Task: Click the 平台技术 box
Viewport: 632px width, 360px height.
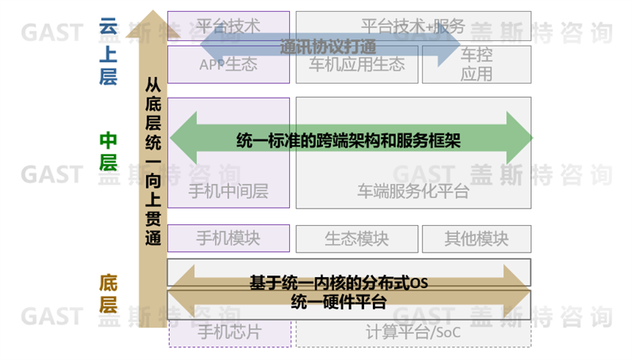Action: pos(228,25)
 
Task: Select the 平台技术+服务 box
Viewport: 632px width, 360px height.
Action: pos(412,25)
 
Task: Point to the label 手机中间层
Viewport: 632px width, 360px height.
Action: pos(228,191)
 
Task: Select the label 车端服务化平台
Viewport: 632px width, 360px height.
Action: pos(412,191)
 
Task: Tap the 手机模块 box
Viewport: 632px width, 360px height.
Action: pos(228,237)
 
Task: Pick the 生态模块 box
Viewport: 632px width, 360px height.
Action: pos(356,238)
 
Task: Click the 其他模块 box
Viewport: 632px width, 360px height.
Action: pos(476,238)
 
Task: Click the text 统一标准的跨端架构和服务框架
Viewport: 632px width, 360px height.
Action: pos(348,140)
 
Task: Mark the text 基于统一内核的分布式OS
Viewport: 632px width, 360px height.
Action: pos(338,283)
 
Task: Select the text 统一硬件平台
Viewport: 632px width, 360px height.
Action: pos(338,301)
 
